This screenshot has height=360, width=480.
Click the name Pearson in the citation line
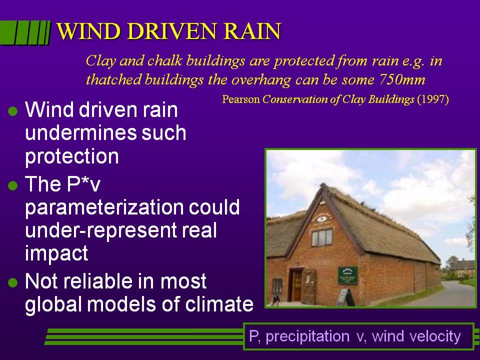point(241,99)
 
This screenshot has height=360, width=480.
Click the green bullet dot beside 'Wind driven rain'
point(13,111)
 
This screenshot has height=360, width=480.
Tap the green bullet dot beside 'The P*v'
point(13,185)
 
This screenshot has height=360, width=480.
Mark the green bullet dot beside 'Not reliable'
point(13,282)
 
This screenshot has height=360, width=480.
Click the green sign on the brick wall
point(347,275)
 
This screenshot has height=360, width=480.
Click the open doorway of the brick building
point(296,285)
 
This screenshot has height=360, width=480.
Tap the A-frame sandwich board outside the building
point(345,297)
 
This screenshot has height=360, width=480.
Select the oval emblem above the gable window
point(321,218)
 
